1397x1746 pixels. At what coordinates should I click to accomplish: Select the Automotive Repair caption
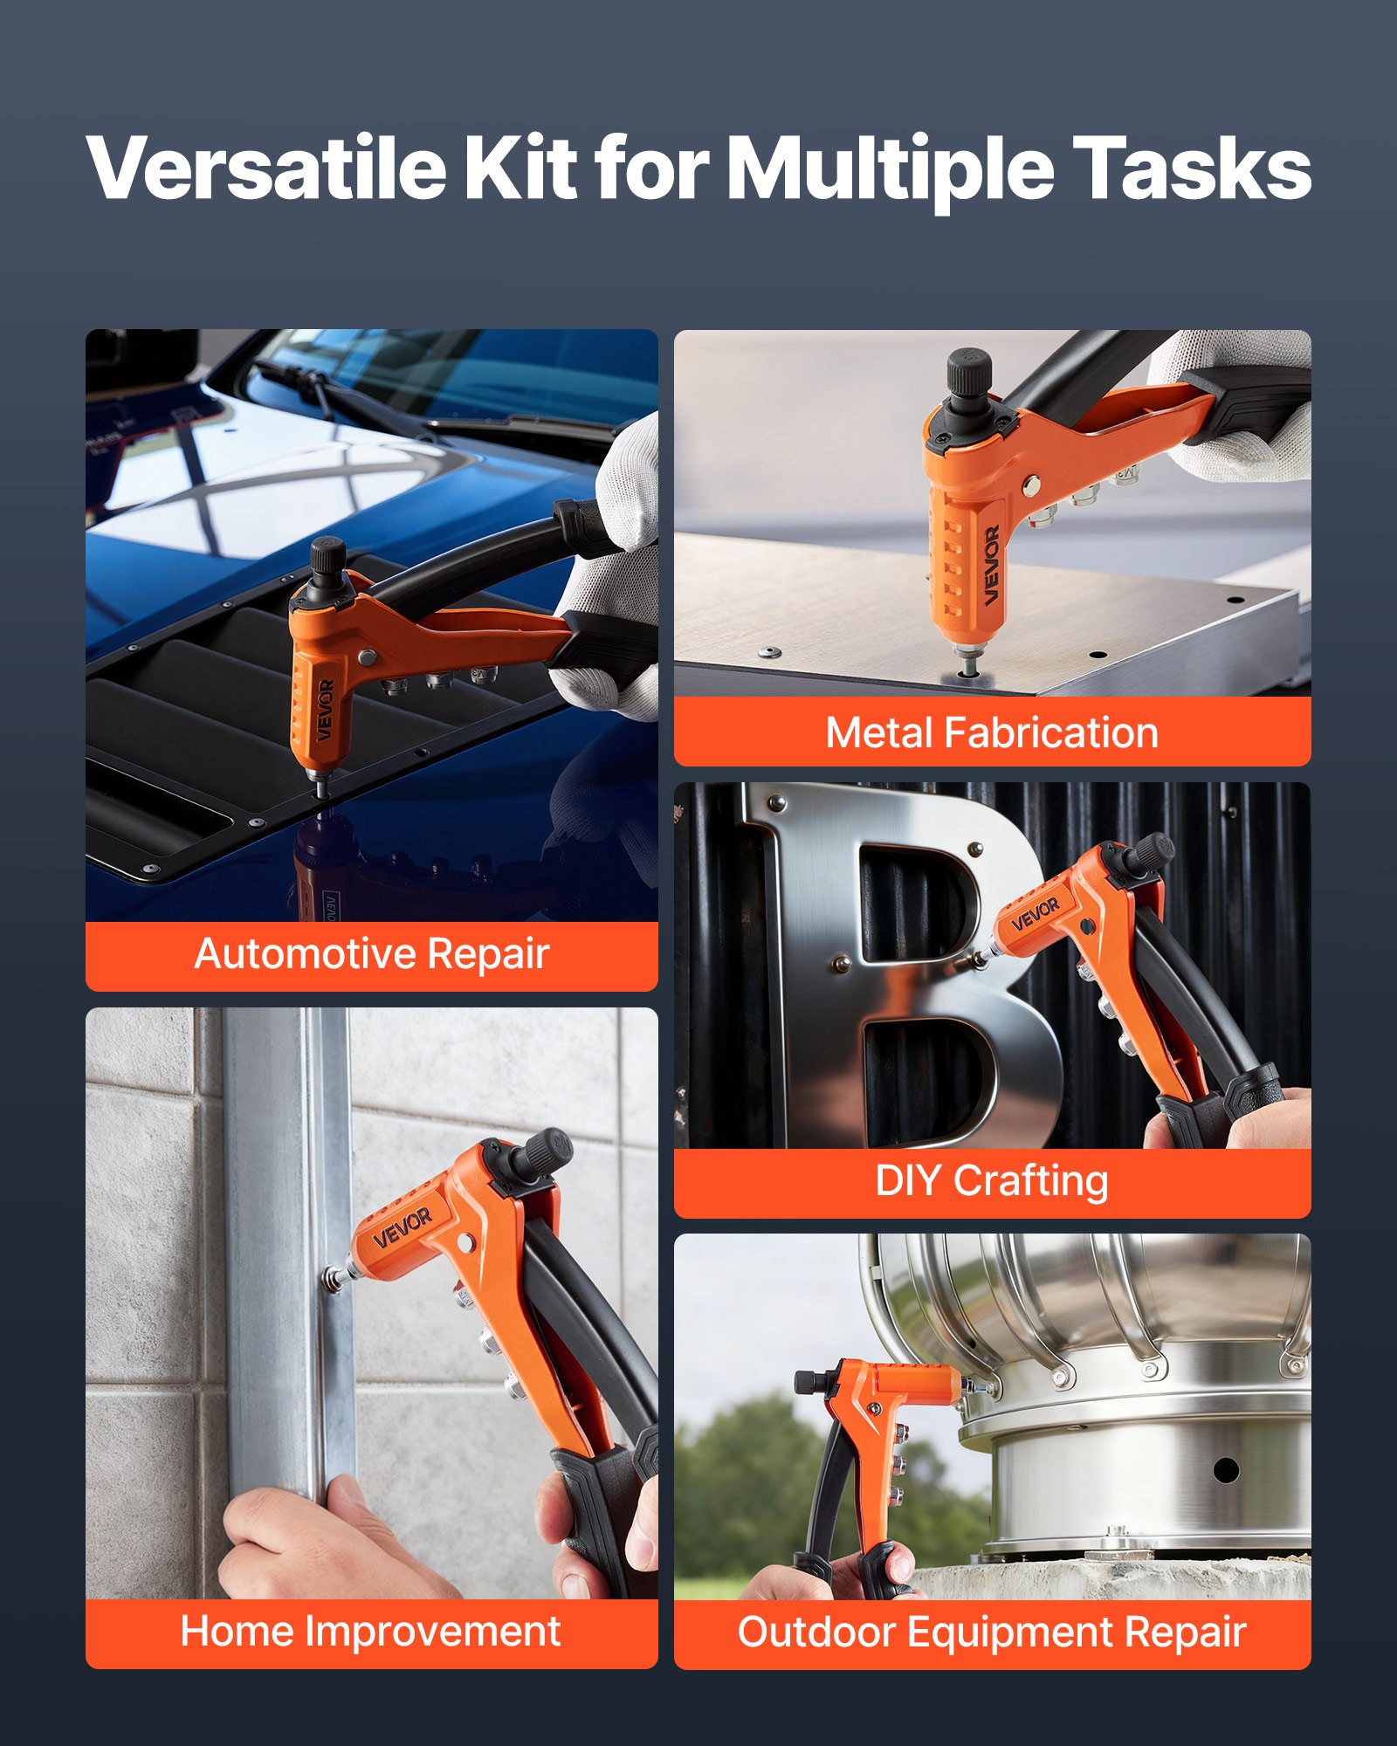pos(372,953)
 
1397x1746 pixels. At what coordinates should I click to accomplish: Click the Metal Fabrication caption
pos(992,732)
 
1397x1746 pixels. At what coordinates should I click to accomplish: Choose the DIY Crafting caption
pos(992,1181)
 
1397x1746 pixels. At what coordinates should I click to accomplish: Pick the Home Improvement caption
pos(370,1632)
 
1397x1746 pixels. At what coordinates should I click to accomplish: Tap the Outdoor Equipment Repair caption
pos(992,1632)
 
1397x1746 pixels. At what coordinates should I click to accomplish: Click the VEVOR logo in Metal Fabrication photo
pos(992,566)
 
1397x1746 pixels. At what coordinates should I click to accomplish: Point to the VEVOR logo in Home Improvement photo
pos(403,1227)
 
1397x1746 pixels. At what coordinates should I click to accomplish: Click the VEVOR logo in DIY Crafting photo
pos(1036,913)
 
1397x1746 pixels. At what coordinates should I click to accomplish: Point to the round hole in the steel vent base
pos(1226,1470)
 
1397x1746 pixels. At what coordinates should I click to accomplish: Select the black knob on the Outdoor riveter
pos(808,1381)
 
